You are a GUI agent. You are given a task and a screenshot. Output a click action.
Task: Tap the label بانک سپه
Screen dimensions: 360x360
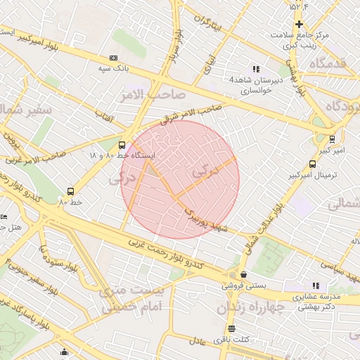114,69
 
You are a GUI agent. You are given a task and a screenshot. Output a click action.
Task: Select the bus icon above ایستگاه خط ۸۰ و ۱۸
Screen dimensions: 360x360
122,143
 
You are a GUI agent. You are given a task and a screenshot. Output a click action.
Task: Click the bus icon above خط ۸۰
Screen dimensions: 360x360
70,191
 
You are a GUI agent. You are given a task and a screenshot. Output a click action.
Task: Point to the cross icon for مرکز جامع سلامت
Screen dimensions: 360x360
298,24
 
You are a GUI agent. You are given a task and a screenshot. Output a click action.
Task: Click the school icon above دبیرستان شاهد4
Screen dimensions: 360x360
256,69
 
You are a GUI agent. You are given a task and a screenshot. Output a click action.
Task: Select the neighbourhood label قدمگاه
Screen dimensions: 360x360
322,63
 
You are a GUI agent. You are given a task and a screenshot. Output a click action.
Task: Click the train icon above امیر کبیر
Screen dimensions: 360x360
333,139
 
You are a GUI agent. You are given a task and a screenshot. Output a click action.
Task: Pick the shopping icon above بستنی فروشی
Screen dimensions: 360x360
243,274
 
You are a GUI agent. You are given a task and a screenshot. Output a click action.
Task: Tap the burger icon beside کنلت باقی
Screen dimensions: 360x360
231,328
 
